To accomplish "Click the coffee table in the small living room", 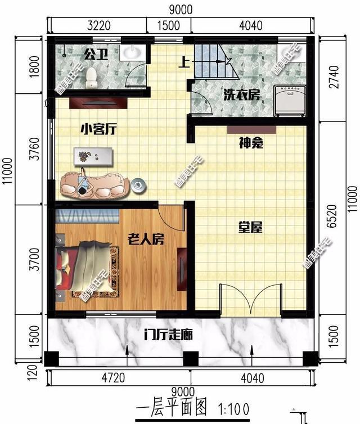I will [93, 156].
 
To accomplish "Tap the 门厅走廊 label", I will [168, 336].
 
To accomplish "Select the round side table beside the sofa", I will [138, 184].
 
